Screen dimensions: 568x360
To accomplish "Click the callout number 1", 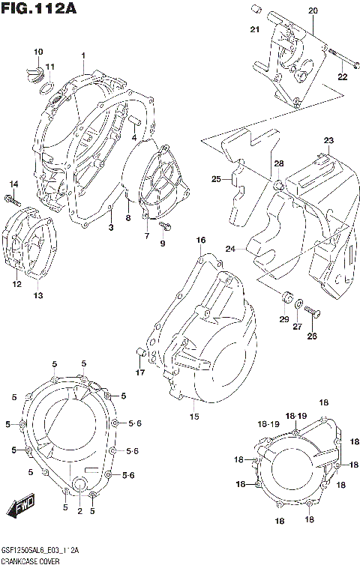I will [83, 55].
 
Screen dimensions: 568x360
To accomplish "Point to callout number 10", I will [37, 51].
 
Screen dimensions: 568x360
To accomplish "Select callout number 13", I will [37, 295].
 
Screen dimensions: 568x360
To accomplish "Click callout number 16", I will [201, 240].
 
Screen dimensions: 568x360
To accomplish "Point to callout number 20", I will [313, 10].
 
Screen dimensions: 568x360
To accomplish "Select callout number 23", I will [328, 141].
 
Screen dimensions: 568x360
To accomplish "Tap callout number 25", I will [216, 179].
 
